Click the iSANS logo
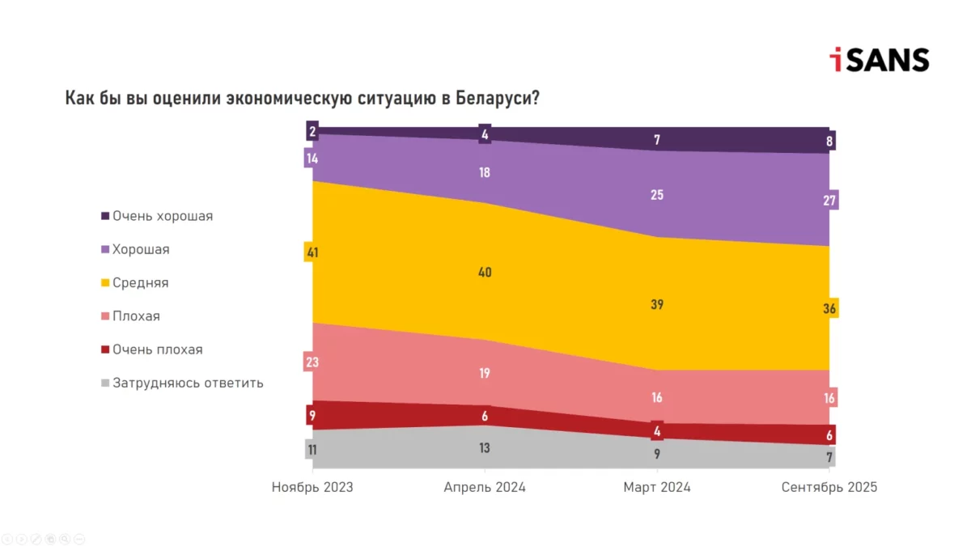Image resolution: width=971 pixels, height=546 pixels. pyautogui.click(x=879, y=59)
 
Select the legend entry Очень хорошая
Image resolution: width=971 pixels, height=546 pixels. pyautogui.click(x=163, y=216)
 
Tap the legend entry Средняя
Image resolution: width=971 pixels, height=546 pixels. pyautogui.click(x=141, y=283)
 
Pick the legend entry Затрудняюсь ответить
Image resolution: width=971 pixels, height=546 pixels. pyautogui.click(x=188, y=383)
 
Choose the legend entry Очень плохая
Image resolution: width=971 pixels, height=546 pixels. pyautogui.click(x=158, y=350)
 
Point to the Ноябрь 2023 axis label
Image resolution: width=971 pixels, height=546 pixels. pyautogui.click(x=312, y=488)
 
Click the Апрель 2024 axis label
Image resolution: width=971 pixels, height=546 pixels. pyautogui.click(x=485, y=488)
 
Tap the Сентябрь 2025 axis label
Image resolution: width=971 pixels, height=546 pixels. pyautogui.click(x=829, y=488)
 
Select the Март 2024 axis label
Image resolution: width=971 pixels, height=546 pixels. pyautogui.click(x=657, y=488)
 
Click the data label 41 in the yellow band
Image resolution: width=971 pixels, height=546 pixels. pyautogui.click(x=312, y=253)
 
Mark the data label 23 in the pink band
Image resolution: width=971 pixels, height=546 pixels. pyautogui.click(x=312, y=362)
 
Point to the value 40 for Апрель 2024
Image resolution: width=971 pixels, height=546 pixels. pyautogui.click(x=485, y=273)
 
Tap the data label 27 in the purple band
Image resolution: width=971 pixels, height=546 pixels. pyautogui.click(x=829, y=200)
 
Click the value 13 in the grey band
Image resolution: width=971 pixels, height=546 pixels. pyautogui.click(x=485, y=448)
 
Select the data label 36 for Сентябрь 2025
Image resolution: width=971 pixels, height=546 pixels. pyautogui.click(x=829, y=308)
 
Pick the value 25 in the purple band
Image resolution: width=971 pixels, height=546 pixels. pyautogui.click(x=657, y=195)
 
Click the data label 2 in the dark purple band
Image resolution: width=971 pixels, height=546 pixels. pyautogui.click(x=312, y=131)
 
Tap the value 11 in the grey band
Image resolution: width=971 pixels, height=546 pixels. pyautogui.click(x=312, y=450)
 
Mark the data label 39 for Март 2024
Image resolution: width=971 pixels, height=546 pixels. pyautogui.click(x=657, y=305)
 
